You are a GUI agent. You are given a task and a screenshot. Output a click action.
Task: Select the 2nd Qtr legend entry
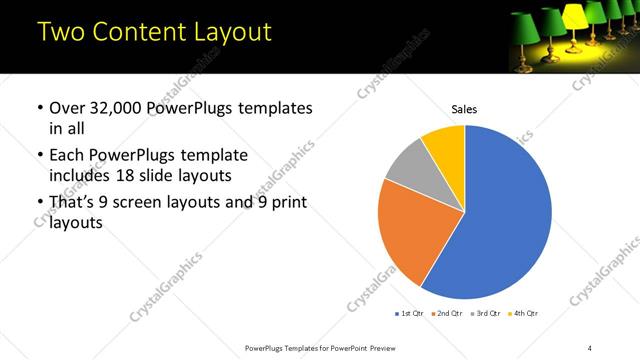tap(445, 314)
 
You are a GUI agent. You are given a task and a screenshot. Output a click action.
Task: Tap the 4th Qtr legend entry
tap(523, 314)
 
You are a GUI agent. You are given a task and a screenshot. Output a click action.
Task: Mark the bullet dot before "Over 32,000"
tap(38, 108)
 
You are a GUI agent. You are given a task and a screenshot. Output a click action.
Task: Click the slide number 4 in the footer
tap(590, 347)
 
